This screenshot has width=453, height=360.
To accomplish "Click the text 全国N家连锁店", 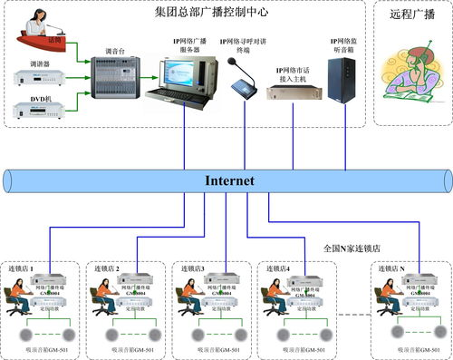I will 354,247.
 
